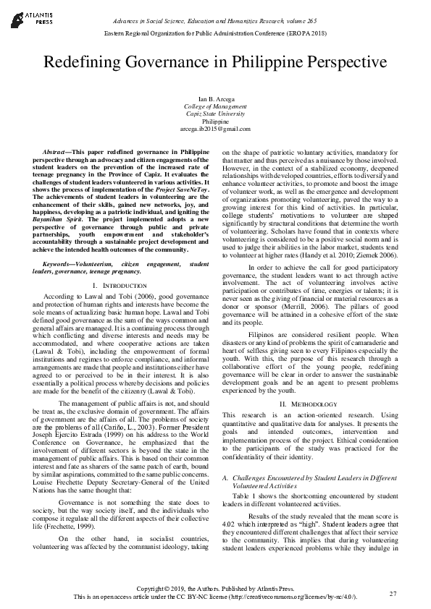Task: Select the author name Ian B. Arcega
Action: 215,98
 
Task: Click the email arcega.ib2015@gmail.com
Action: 215,129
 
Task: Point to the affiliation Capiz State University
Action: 215,114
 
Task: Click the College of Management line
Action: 215,106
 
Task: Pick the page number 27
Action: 393,594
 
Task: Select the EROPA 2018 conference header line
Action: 215,34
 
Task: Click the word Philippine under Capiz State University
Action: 215,122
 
